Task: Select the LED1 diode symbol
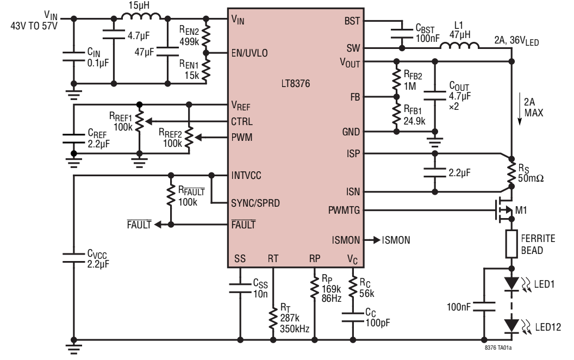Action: click(x=511, y=283)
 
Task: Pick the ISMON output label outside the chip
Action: click(x=397, y=240)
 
